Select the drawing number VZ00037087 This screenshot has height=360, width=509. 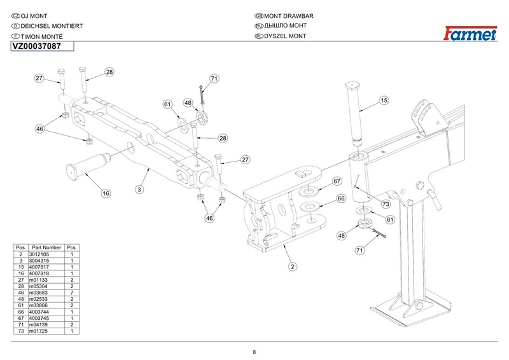coord(38,46)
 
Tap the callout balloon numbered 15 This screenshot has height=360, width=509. coord(384,100)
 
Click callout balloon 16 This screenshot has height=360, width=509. coord(106,193)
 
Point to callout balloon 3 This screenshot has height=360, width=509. coord(139,189)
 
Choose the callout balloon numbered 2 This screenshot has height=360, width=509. coord(292,266)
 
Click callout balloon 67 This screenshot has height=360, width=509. coord(338,182)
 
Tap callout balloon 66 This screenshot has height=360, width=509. coord(340,199)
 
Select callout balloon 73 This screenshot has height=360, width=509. coord(386,204)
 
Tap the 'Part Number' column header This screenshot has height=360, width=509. coord(46,247)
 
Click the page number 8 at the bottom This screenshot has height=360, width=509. coord(254,352)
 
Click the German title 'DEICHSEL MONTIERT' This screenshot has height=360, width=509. coord(48,25)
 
